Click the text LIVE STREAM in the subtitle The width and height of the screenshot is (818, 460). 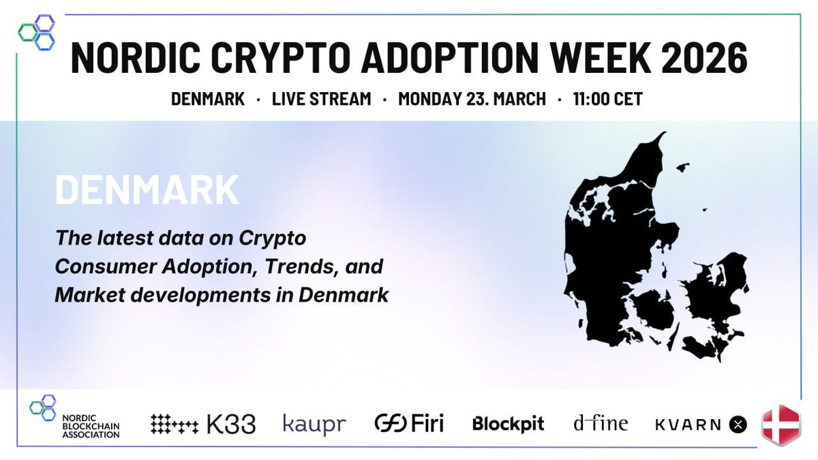click(321, 99)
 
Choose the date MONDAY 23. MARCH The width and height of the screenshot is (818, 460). click(472, 99)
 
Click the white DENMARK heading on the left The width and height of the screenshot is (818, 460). click(147, 191)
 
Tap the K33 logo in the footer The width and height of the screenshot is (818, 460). click(202, 425)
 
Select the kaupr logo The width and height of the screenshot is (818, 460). click(314, 425)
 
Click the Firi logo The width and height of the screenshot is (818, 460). click(409, 424)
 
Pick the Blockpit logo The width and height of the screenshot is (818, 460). click(508, 424)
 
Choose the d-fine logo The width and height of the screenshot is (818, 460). click(600, 424)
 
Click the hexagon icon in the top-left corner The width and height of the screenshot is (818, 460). click(37, 32)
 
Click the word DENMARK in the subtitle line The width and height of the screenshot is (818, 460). click(208, 99)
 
